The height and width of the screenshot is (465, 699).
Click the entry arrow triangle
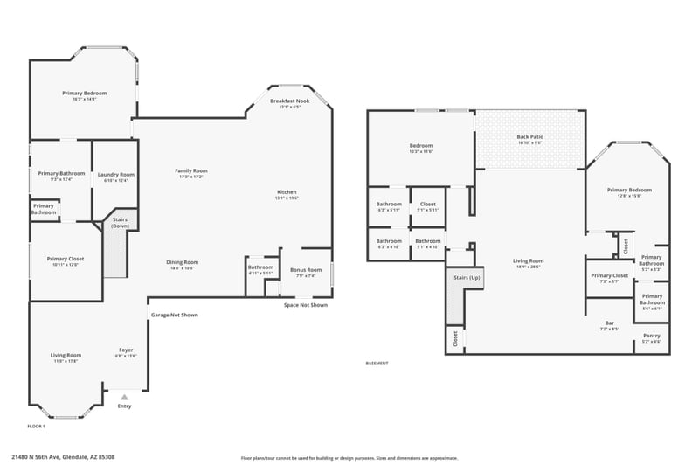[x=124, y=397]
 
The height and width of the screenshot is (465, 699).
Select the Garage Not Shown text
[x=174, y=315]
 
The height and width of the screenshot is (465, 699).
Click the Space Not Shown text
[x=306, y=305]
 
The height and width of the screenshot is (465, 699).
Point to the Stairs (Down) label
[x=120, y=223]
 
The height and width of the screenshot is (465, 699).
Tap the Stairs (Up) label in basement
[x=466, y=278]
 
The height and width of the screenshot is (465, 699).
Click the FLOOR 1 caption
[x=37, y=426]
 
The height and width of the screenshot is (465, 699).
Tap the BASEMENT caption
[x=377, y=364]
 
